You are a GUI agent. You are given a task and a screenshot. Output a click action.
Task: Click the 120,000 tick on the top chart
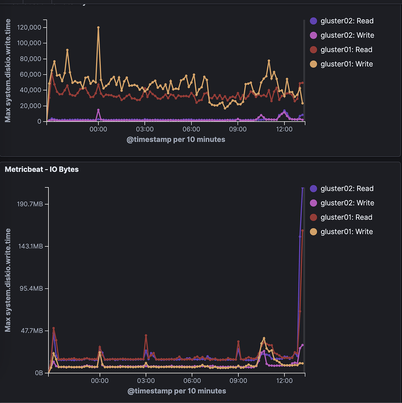pos(30,28)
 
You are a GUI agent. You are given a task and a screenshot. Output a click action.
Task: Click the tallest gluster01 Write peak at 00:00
pos(98,28)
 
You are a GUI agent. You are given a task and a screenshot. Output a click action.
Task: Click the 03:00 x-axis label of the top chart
pos(145,129)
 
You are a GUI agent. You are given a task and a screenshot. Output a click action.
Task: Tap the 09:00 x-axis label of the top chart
pos(238,129)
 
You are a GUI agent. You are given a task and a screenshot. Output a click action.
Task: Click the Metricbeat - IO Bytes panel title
pos(42,170)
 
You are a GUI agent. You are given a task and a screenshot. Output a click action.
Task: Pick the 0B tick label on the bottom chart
pos(39,373)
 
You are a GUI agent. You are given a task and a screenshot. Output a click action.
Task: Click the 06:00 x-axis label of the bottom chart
pos(192,381)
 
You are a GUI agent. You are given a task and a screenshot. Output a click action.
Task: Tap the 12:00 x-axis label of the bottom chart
pos(285,381)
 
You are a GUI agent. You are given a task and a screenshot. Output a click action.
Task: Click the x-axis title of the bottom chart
pos(177,391)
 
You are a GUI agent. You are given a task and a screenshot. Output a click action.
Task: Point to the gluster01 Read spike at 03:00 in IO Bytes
pos(146,335)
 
